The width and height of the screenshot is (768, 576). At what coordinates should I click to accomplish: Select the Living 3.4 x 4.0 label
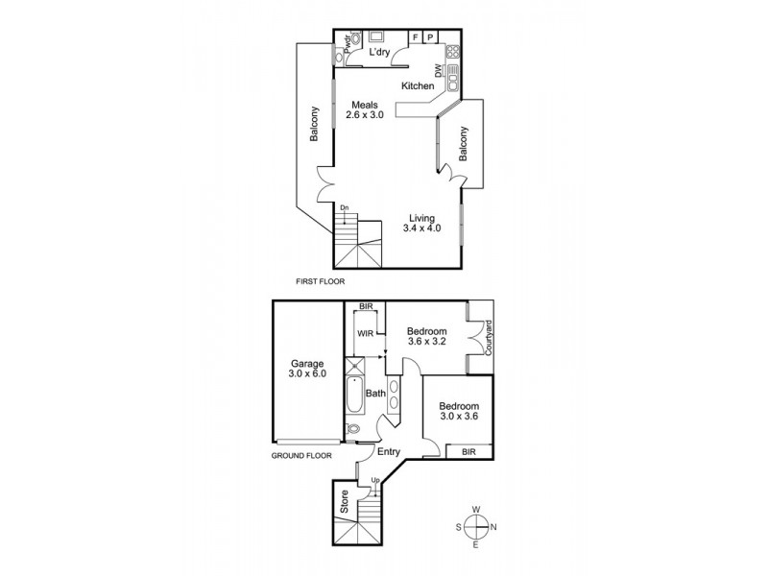(x=422, y=223)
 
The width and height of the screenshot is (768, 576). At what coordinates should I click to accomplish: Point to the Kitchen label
(x=418, y=86)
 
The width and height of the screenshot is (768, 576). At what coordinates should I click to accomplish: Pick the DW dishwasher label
(x=438, y=70)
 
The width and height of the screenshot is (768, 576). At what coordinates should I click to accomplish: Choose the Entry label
(x=388, y=451)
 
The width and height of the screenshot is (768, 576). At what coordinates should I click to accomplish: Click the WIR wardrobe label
(x=365, y=333)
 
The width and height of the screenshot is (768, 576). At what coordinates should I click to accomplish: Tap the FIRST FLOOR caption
(x=320, y=282)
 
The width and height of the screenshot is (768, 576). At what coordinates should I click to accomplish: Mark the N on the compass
(x=494, y=526)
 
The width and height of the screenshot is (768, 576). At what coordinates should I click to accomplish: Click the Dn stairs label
(x=344, y=206)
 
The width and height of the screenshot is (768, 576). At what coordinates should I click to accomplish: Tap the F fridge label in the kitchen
(x=416, y=37)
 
